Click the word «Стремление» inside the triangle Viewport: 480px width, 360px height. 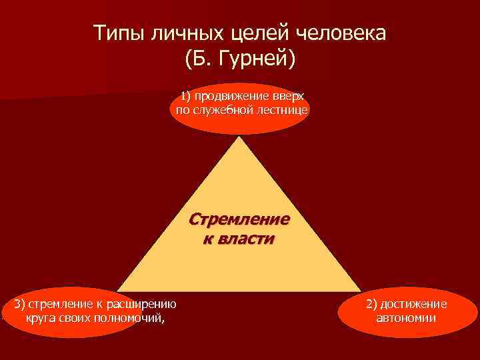point(240,219)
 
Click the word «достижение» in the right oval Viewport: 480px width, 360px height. point(413,304)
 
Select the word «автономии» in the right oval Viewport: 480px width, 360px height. point(406,317)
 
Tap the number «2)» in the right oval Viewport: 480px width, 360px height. point(371,304)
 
